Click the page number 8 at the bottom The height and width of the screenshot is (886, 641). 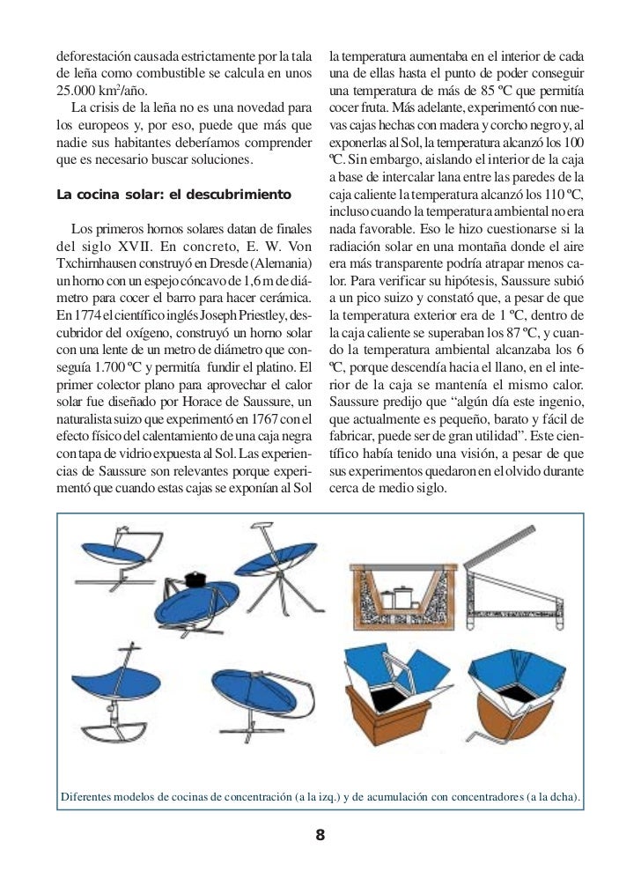tap(320, 835)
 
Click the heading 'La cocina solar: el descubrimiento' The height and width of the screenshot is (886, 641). tap(173, 193)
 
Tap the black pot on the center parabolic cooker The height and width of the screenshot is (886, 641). tap(196, 578)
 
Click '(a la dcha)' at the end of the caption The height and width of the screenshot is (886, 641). tap(552, 798)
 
